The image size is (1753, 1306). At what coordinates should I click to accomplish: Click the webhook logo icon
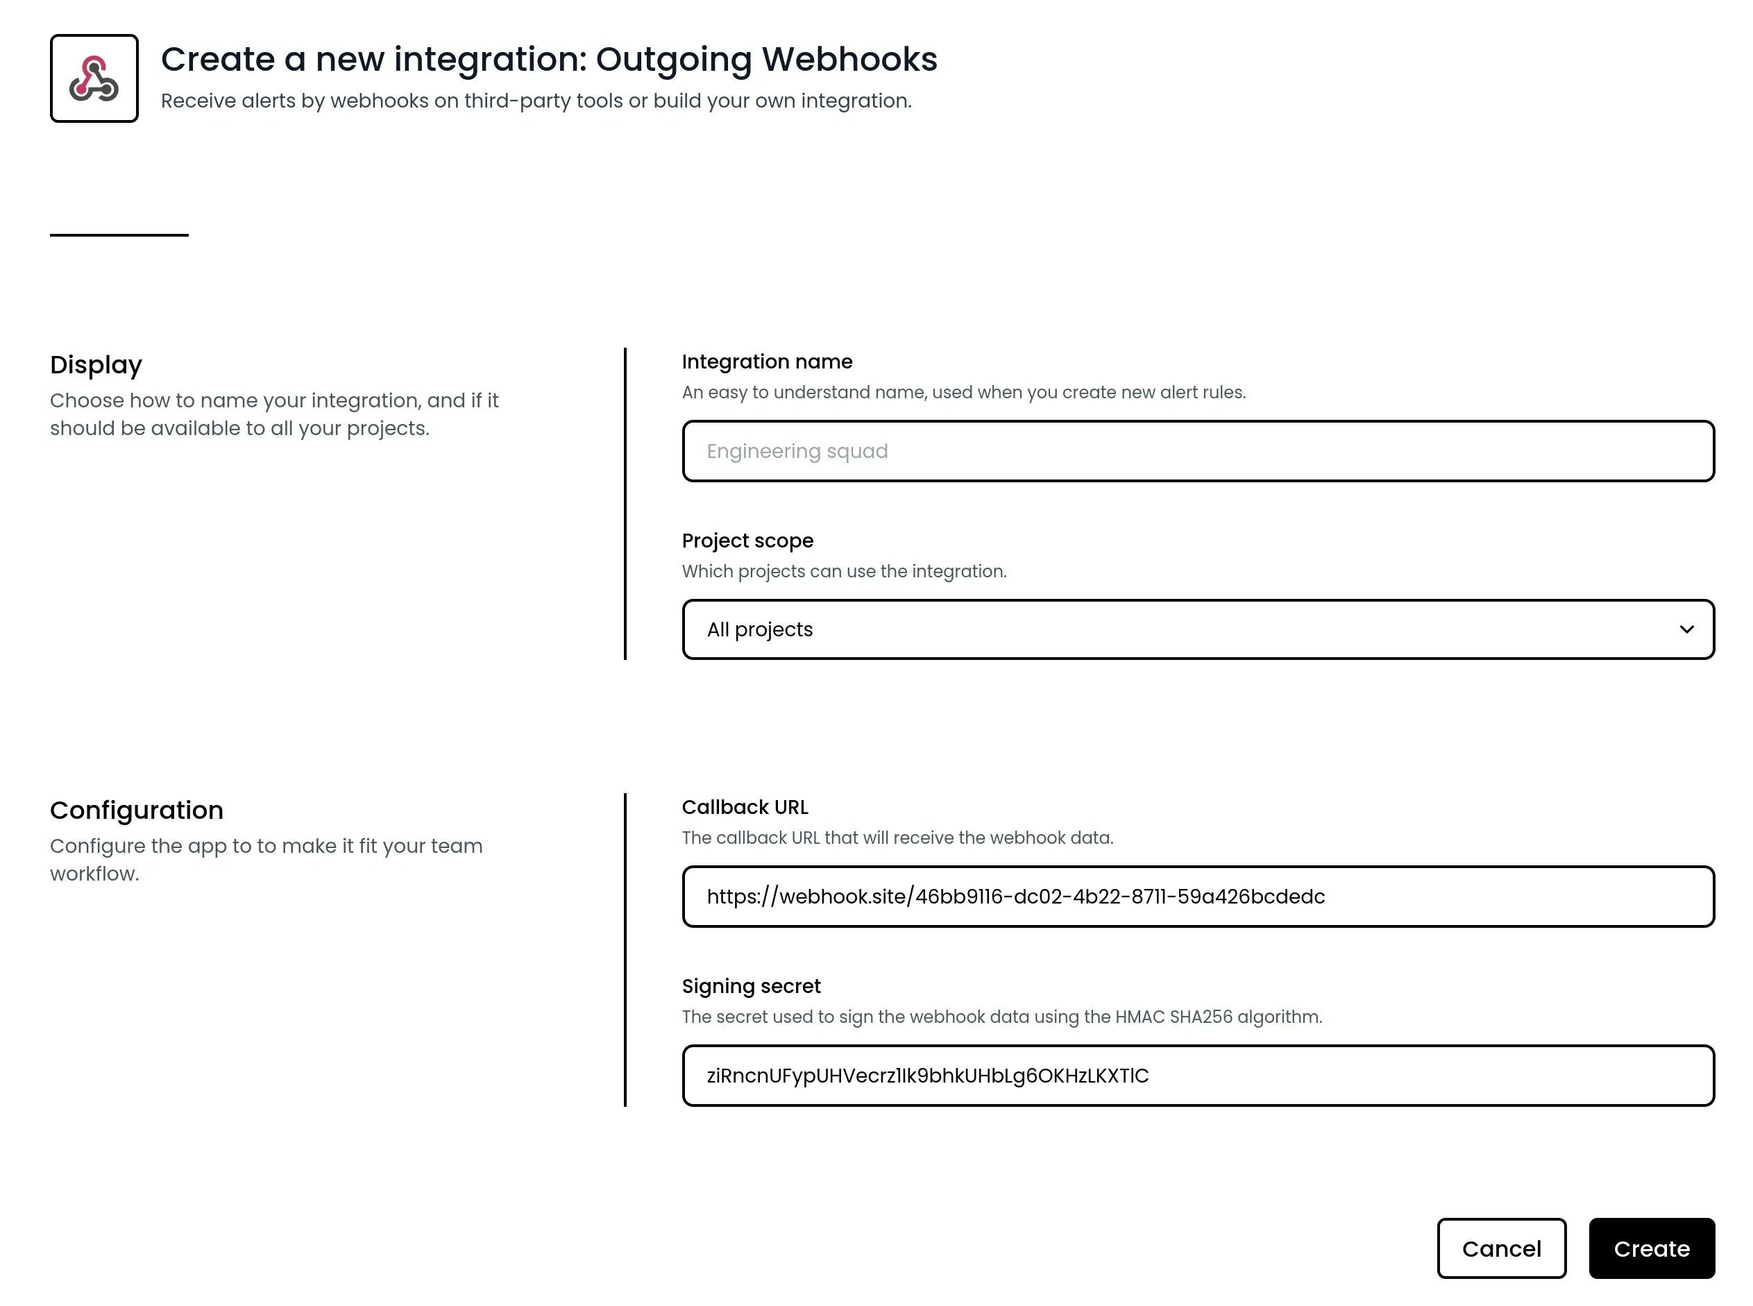(94, 78)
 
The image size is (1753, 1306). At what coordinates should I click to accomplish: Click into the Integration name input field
(1197, 450)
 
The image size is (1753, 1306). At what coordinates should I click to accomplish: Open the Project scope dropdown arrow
(1686, 629)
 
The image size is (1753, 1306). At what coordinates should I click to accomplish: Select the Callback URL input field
(1197, 897)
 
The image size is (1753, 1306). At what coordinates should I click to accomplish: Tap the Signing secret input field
(1197, 1075)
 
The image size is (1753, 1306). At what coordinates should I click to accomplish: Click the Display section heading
(96, 364)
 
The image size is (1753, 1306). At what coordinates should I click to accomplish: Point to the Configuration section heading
(136, 811)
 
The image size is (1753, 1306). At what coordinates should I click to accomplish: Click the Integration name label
(766, 362)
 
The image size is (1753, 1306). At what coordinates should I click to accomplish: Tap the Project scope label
(747, 541)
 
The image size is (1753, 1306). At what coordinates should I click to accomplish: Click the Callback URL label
(744, 807)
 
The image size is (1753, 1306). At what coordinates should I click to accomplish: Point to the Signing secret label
(750, 986)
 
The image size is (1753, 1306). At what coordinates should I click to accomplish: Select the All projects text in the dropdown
(759, 629)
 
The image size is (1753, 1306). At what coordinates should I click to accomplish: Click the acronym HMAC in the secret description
(1140, 1017)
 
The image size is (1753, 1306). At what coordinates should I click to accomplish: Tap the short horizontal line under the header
(119, 235)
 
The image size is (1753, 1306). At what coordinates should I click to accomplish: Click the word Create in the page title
(217, 59)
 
